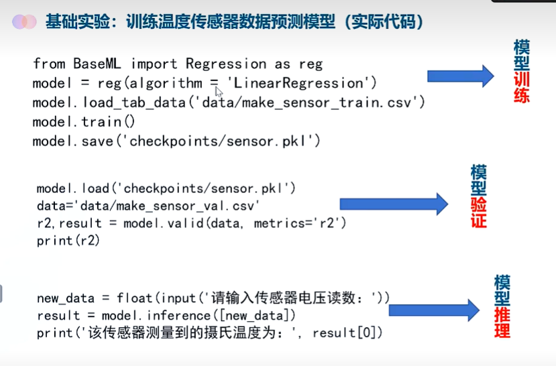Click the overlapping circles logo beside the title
pyautogui.click(x=24, y=22)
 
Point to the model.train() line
pyautogui.click(x=84, y=122)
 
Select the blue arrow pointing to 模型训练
pyautogui.click(x=459, y=75)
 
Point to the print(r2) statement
pyautogui.click(x=68, y=240)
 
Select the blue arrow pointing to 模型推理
pyautogui.click(x=433, y=310)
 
